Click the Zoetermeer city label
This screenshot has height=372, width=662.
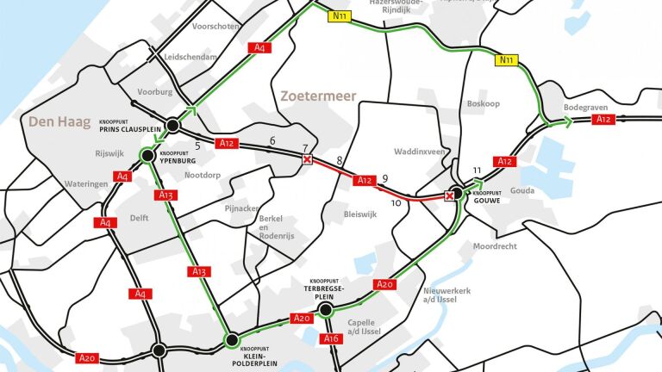pos(318,96)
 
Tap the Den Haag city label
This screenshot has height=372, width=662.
pos(59,121)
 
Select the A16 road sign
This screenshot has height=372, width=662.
pos(331,338)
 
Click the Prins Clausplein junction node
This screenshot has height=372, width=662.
pos(172,126)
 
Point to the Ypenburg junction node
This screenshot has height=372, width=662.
pos(147,156)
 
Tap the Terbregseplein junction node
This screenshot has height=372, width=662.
pos(326,309)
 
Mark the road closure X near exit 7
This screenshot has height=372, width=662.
pos(307,159)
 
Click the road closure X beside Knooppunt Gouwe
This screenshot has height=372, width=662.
pos(449,195)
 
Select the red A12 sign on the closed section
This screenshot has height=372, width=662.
pos(365,181)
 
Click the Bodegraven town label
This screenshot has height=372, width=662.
pos(585,108)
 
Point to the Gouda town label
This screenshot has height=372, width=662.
pos(522,190)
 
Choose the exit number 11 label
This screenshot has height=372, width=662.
pos(477,170)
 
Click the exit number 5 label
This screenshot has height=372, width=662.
pos(197,145)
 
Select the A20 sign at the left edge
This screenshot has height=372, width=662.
pos(87,357)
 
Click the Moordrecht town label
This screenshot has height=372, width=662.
pos(496,246)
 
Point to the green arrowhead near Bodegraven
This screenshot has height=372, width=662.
pos(568,122)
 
